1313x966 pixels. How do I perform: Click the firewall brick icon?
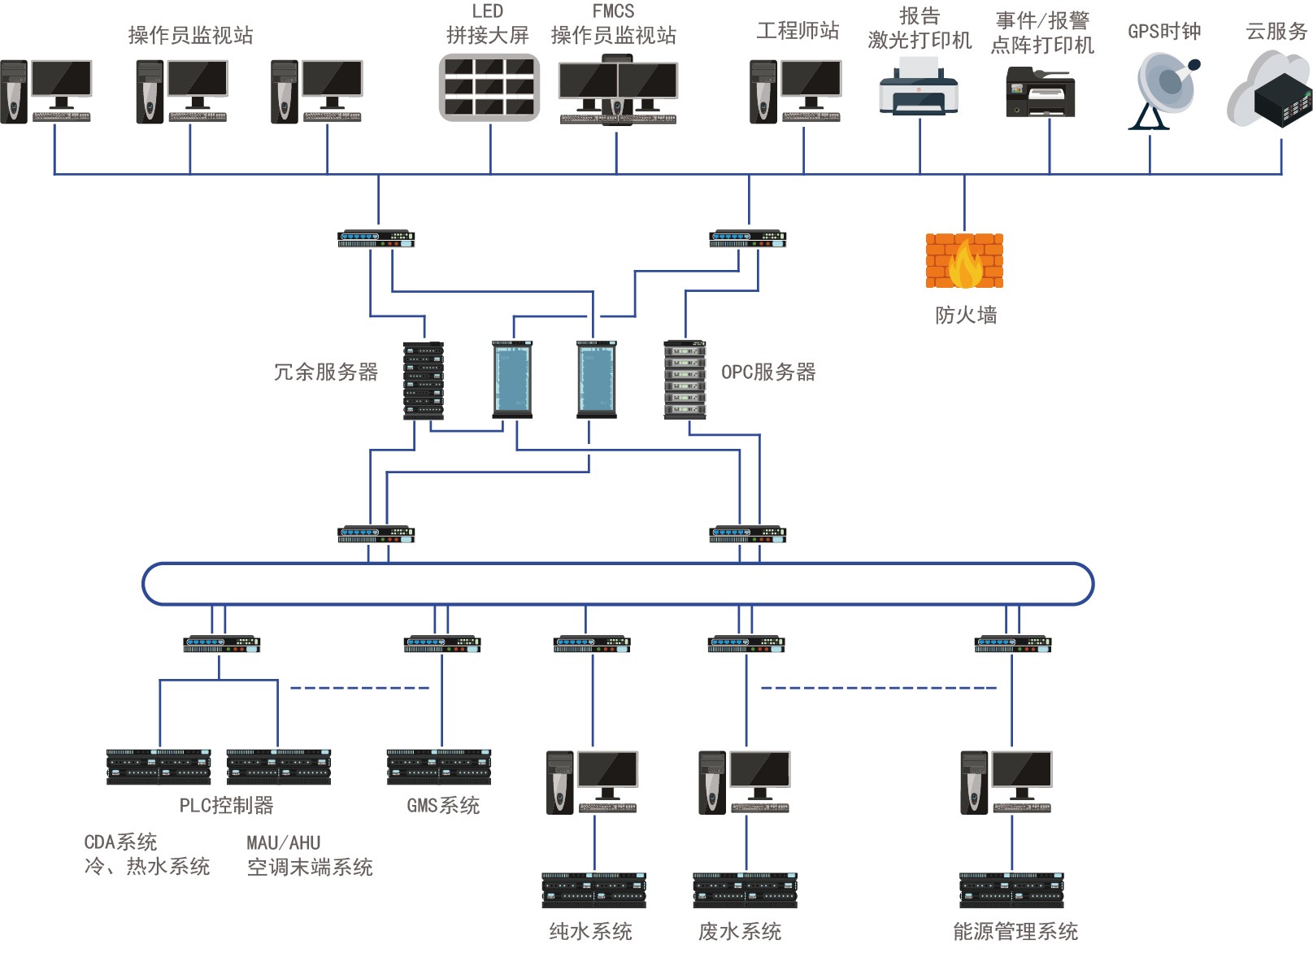(x=964, y=261)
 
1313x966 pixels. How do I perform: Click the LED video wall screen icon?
(x=489, y=88)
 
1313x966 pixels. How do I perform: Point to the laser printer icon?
(x=919, y=91)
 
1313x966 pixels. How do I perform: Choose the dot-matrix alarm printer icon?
(x=1041, y=93)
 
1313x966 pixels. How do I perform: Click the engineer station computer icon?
(x=795, y=91)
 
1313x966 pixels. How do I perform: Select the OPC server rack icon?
(x=685, y=380)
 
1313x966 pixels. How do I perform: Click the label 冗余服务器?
(x=326, y=372)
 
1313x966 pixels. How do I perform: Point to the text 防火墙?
(x=966, y=315)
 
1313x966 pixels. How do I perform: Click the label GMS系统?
(x=443, y=806)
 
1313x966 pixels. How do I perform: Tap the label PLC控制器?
(x=226, y=806)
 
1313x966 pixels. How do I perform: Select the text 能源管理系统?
(x=1015, y=932)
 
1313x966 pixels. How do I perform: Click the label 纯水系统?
(x=591, y=932)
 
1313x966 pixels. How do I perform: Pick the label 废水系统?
(x=740, y=932)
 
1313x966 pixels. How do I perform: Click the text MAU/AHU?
(x=284, y=843)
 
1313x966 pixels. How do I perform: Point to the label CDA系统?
(x=120, y=842)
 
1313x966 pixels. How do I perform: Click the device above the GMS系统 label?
(x=439, y=767)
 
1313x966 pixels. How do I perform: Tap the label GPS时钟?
(x=1164, y=32)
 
